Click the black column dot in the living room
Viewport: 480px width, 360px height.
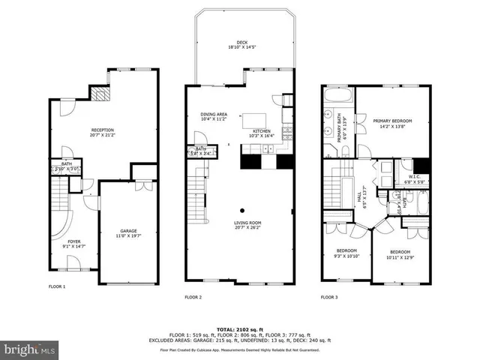tap(241, 211)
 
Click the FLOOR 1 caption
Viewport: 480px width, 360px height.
tap(58, 286)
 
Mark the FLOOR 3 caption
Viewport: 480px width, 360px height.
tap(329, 297)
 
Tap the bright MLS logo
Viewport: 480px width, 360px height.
tap(30, 349)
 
